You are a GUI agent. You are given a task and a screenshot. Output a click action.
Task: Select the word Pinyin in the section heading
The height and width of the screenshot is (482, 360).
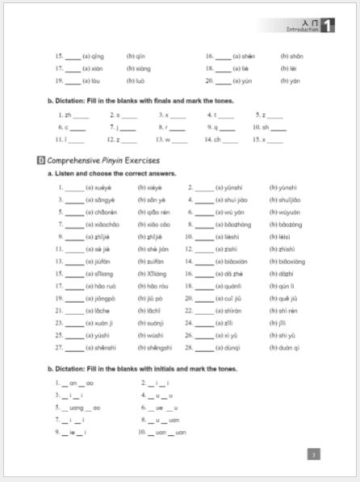tap(111, 160)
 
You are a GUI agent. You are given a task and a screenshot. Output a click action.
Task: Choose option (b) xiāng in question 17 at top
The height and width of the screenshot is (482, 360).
tap(137, 69)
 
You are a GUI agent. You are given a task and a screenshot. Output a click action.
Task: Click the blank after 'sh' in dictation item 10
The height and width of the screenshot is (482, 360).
tap(277, 127)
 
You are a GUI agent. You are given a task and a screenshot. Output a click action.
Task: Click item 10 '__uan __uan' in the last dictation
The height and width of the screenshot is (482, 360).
tap(169, 432)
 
